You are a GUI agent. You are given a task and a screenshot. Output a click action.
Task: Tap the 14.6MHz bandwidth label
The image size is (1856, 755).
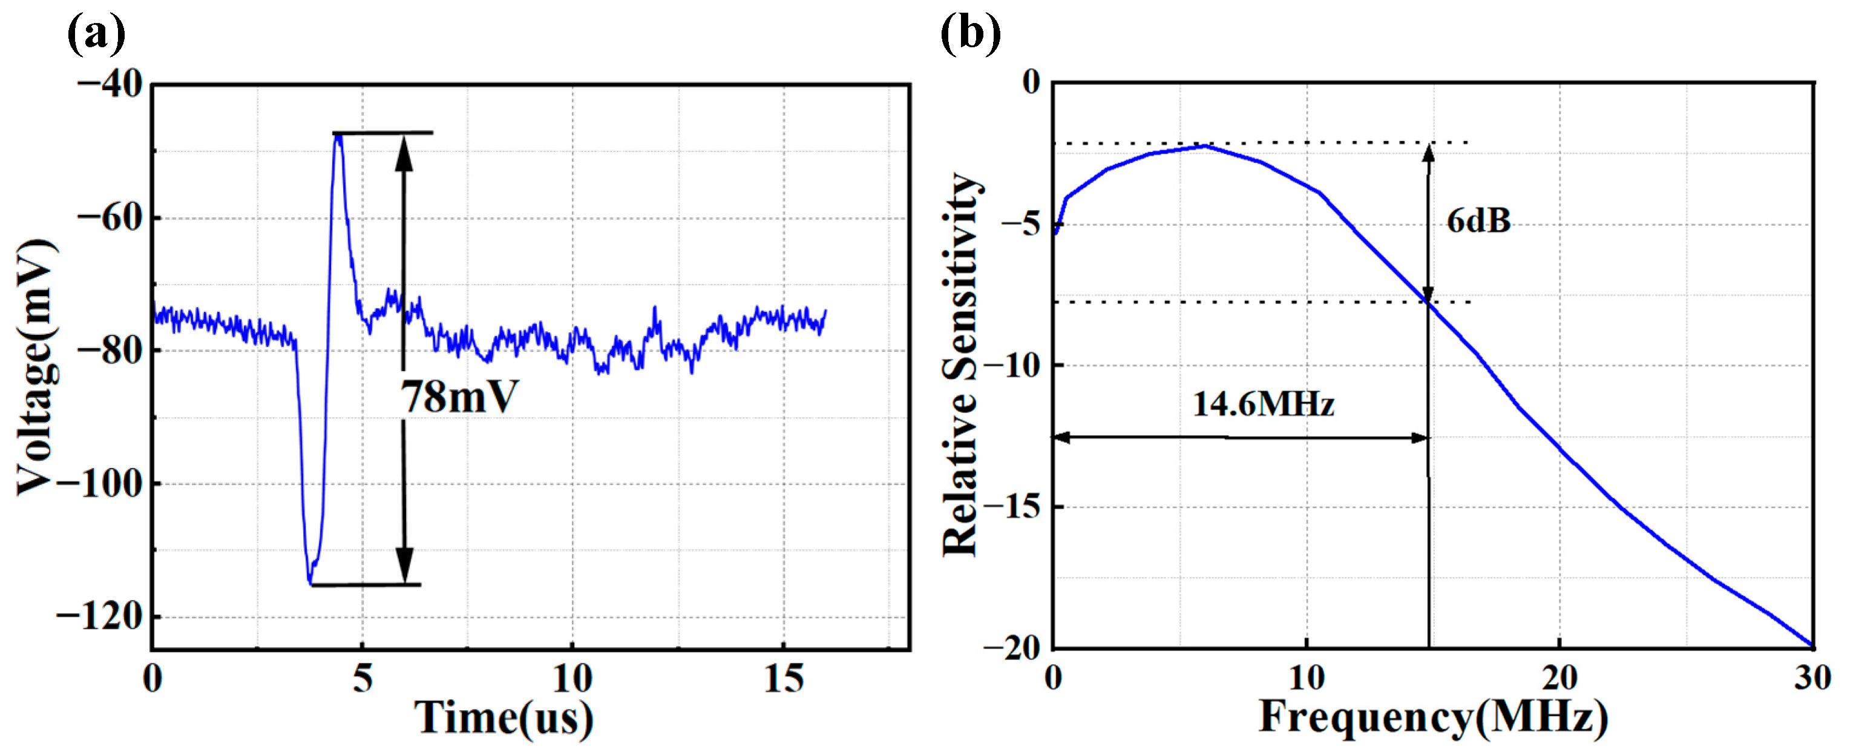tap(1264, 404)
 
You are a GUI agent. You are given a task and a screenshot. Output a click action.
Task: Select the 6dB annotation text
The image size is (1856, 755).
tap(1478, 220)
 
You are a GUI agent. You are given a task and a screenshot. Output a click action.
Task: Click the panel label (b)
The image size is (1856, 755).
tap(971, 33)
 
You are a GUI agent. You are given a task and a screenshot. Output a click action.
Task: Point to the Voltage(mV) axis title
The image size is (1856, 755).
tap(36, 368)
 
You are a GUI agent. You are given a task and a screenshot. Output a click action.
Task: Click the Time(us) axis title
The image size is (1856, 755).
tap(503, 719)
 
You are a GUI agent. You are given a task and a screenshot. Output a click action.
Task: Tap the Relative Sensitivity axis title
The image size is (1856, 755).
tap(960, 364)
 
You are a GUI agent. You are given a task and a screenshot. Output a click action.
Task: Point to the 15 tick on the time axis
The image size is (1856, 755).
tap(783, 679)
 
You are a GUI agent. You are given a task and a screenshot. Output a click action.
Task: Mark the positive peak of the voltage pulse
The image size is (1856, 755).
tap(337, 136)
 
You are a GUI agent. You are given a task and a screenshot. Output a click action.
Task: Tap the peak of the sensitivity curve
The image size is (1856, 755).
tap(1205, 147)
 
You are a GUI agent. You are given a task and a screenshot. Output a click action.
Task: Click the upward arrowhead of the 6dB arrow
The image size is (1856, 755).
tap(1428, 151)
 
